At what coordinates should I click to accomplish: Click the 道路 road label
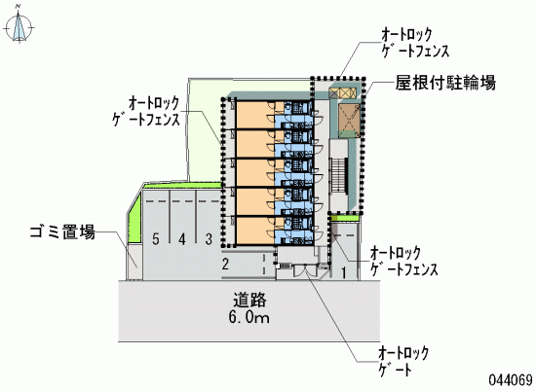pyautogui.click(x=249, y=301)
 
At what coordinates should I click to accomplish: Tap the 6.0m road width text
pyautogui.click(x=249, y=318)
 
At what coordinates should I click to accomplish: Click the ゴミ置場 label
pyautogui.click(x=62, y=232)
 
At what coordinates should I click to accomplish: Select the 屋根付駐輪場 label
pyautogui.click(x=445, y=83)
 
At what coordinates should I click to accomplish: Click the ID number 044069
pyautogui.click(x=511, y=379)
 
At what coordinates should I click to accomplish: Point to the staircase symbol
pyautogui.click(x=338, y=176)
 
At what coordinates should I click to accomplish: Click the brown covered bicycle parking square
pyautogui.click(x=349, y=117)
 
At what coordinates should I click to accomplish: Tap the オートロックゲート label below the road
pyautogui.click(x=403, y=362)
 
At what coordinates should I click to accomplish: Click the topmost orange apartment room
pyautogui.click(x=255, y=115)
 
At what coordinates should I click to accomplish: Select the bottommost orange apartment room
pyautogui.click(x=255, y=231)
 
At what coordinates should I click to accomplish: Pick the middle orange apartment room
pyautogui.click(x=255, y=172)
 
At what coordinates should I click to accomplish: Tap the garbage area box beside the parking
pyautogui.click(x=134, y=262)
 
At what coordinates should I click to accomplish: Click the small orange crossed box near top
pyautogui.click(x=342, y=92)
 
